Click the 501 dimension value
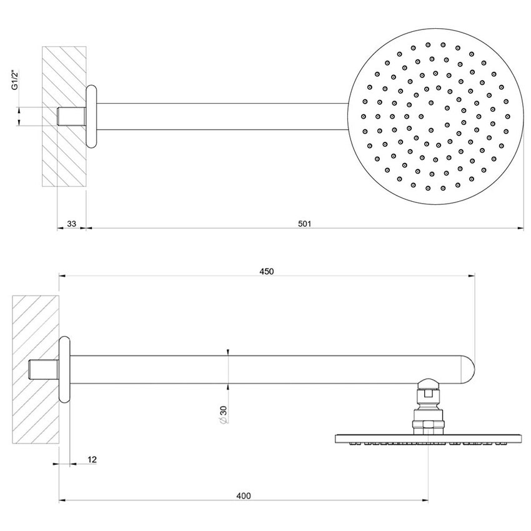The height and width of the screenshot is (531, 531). coord(304,223)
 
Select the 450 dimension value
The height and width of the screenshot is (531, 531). coord(267,271)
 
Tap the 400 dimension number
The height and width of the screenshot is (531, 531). coord(244,495)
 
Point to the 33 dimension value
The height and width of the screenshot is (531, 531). coord(71,223)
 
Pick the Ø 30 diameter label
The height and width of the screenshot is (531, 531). coord(223,415)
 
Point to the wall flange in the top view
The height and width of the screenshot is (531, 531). coord(91,116)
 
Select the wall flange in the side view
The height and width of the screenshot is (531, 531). coord(64,369)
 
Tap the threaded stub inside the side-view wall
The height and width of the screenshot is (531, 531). coord(44,369)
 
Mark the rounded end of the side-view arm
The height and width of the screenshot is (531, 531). coord(467,369)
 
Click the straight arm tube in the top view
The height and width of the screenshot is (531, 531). coord(219,116)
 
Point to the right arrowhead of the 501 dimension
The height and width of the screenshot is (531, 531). coord(520,228)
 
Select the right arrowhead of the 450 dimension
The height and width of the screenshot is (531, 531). coord(471,275)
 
